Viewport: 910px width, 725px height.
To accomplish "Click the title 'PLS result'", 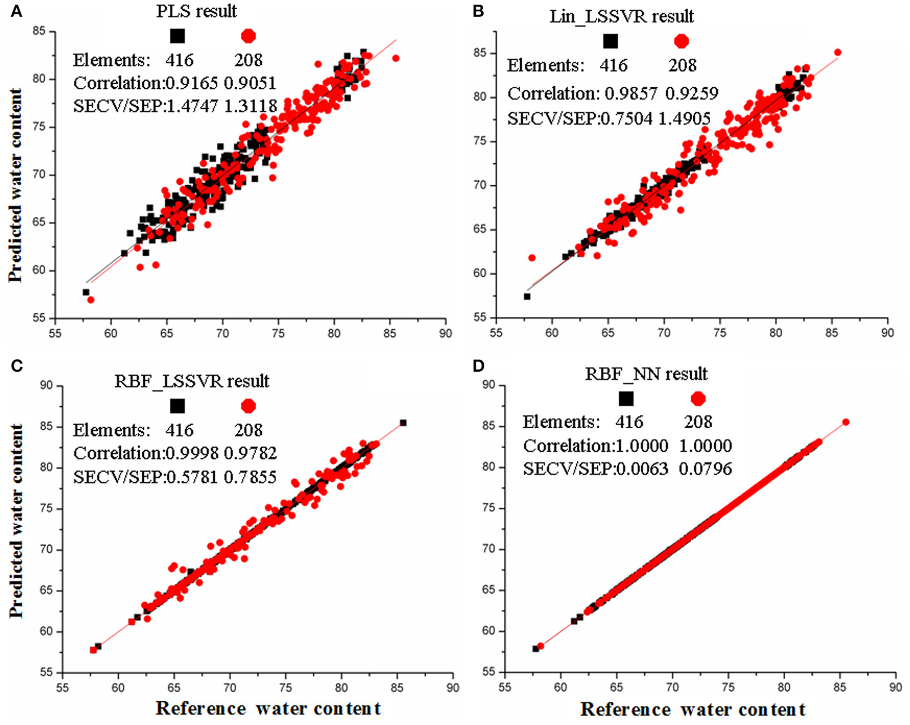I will (x=197, y=11).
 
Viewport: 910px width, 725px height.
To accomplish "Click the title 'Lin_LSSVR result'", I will (x=621, y=16).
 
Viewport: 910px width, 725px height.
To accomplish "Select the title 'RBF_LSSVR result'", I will (x=192, y=381).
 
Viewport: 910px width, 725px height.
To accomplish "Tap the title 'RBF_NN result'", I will (x=646, y=374).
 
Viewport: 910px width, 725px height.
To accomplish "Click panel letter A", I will (x=16, y=11).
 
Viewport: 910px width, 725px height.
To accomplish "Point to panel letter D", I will (x=478, y=366).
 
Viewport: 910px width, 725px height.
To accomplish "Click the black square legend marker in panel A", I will (x=177, y=36).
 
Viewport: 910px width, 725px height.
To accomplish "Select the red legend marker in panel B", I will (x=681, y=41).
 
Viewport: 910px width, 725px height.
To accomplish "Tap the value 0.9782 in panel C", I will (x=250, y=453).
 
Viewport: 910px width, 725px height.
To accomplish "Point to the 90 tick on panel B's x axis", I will (x=887, y=333).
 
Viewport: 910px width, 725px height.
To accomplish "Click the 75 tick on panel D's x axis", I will (x=728, y=687).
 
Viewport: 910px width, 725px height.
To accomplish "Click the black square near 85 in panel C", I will (x=403, y=423).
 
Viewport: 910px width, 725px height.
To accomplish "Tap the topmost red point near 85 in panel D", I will (x=846, y=422).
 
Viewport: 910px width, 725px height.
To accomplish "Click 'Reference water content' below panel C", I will (x=268, y=708).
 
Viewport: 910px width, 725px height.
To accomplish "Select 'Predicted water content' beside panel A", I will (x=15, y=185).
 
